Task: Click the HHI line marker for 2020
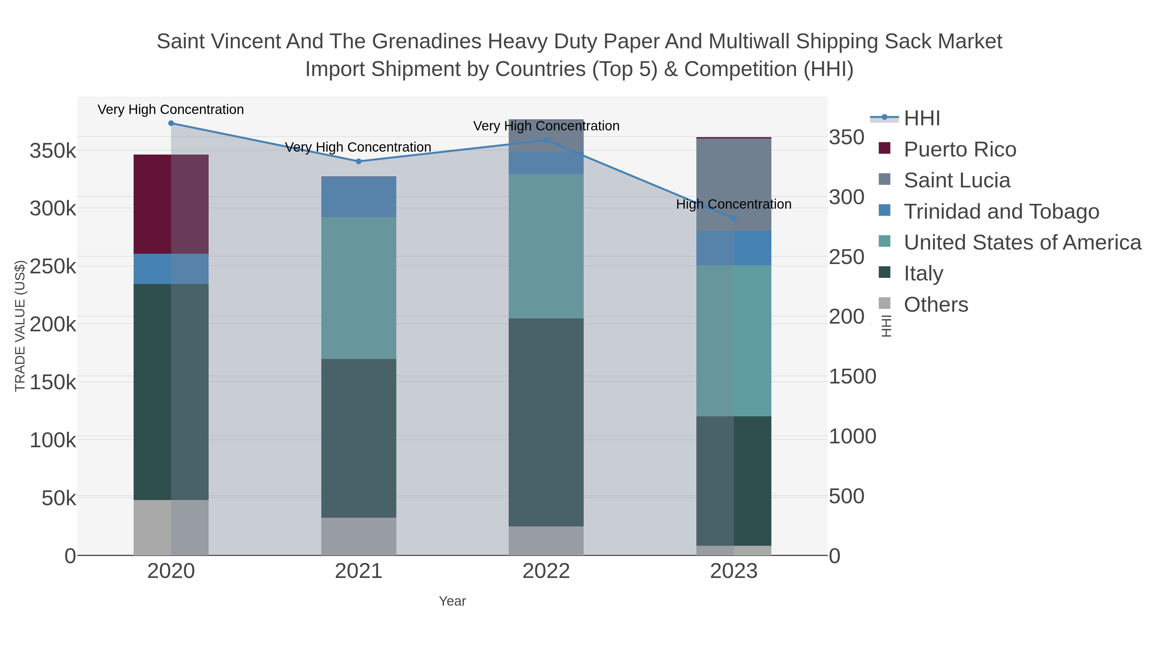(171, 123)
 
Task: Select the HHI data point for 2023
(734, 219)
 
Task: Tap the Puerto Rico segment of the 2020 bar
(171, 204)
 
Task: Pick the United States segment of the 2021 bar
(359, 288)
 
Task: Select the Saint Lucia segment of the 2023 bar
(734, 184)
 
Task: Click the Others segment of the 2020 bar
(171, 527)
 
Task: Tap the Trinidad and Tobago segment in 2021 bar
(359, 197)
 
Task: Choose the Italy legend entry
(923, 274)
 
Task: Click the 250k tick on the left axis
(53, 266)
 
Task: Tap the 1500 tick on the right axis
(852, 377)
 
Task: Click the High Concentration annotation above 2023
(733, 204)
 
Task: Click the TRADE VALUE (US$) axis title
(20, 326)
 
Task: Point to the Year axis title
(452, 601)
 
